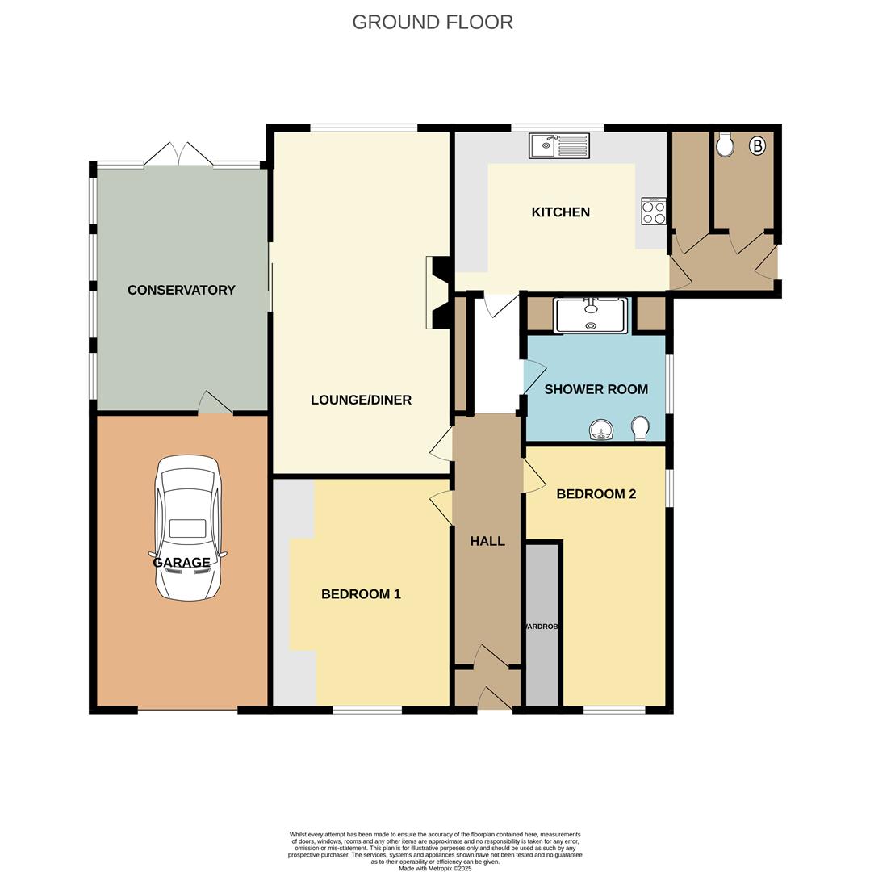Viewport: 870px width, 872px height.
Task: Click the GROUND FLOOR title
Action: (x=433, y=22)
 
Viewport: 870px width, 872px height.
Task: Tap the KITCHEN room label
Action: (x=560, y=212)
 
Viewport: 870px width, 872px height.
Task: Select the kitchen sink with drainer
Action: (x=559, y=146)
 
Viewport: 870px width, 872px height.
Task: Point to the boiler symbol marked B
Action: (x=757, y=146)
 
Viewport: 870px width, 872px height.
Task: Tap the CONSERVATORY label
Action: (x=182, y=290)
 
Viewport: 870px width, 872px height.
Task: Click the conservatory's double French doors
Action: (x=179, y=154)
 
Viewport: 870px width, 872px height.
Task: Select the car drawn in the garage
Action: (x=188, y=529)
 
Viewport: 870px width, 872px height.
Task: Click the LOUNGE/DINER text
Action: (x=361, y=400)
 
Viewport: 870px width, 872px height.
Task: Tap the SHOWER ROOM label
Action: (x=596, y=389)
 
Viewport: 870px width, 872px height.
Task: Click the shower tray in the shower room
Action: (x=591, y=315)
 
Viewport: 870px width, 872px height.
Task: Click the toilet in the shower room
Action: (x=641, y=428)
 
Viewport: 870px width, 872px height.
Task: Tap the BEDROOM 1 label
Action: (x=361, y=594)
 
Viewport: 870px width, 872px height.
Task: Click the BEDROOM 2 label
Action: (x=596, y=494)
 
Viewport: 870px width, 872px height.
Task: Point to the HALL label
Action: (x=487, y=541)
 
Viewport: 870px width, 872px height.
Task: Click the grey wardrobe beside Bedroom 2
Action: (x=542, y=626)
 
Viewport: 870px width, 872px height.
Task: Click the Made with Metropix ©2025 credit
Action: (x=435, y=868)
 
